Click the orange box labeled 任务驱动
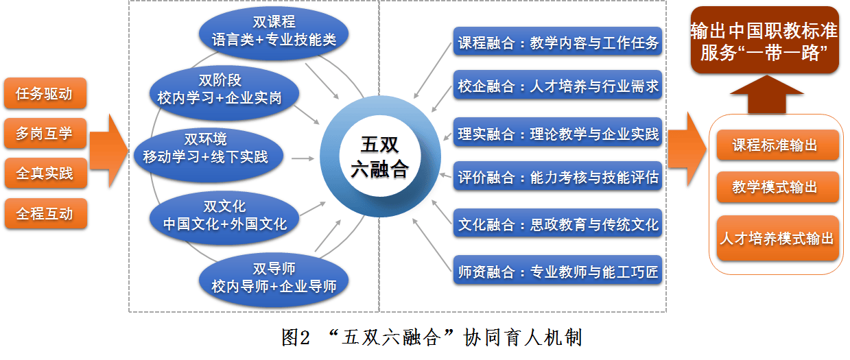click(45, 93)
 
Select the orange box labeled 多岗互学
click(45, 133)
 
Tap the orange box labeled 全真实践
click(45, 173)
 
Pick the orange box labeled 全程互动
click(45, 213)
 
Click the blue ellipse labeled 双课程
click(274, 33)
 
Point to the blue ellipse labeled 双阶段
click(224, 93)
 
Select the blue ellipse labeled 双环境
click(209, 156)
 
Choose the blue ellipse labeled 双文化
click(224, 217)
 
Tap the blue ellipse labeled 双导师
click(274, 280)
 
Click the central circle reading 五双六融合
click(380, 156)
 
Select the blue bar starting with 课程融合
click(558, 41)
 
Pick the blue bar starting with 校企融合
click(558, 85)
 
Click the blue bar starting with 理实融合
click(558, 132)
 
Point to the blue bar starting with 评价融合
click(558, 176)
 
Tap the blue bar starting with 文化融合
click(558, 223)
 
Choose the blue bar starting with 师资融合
click(558, 270)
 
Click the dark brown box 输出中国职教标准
click(765, 40)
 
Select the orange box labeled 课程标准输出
click(777, 145)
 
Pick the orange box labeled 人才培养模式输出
click(777, 238)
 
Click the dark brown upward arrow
click(767, 94)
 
